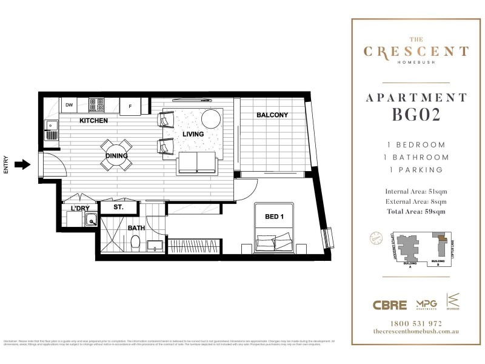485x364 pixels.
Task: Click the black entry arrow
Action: (22, 164)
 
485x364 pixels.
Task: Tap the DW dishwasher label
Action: (69, 104)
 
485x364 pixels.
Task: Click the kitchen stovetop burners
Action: (97, 104)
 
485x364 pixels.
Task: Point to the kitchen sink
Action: (51, 129)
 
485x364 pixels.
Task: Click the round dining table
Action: (116, 155)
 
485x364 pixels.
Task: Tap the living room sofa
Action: (197, 162)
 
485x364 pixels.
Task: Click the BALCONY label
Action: (272, 115)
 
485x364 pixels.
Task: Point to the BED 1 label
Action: (276, 217)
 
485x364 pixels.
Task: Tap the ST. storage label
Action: (118, 207)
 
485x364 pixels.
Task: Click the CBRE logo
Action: (389, 305)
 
